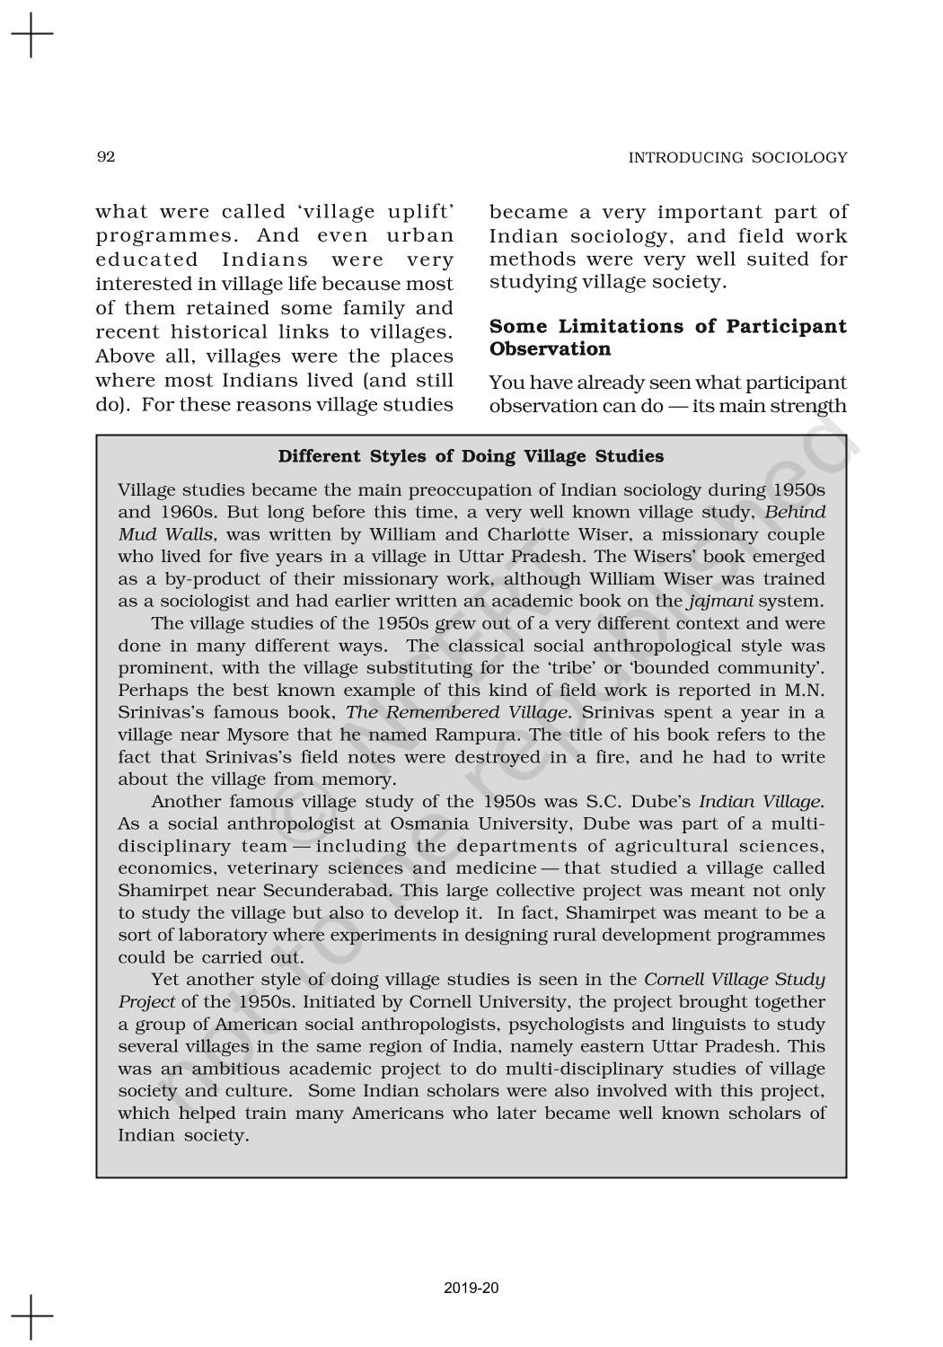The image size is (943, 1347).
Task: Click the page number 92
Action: pos(105,157)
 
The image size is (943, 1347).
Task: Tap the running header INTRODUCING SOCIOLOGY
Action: pos(737,158)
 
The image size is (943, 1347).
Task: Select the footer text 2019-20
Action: pos(471,1289)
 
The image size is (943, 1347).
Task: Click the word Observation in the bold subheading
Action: pos(550,348)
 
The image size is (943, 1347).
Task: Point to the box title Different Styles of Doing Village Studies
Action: pos(471,456)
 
